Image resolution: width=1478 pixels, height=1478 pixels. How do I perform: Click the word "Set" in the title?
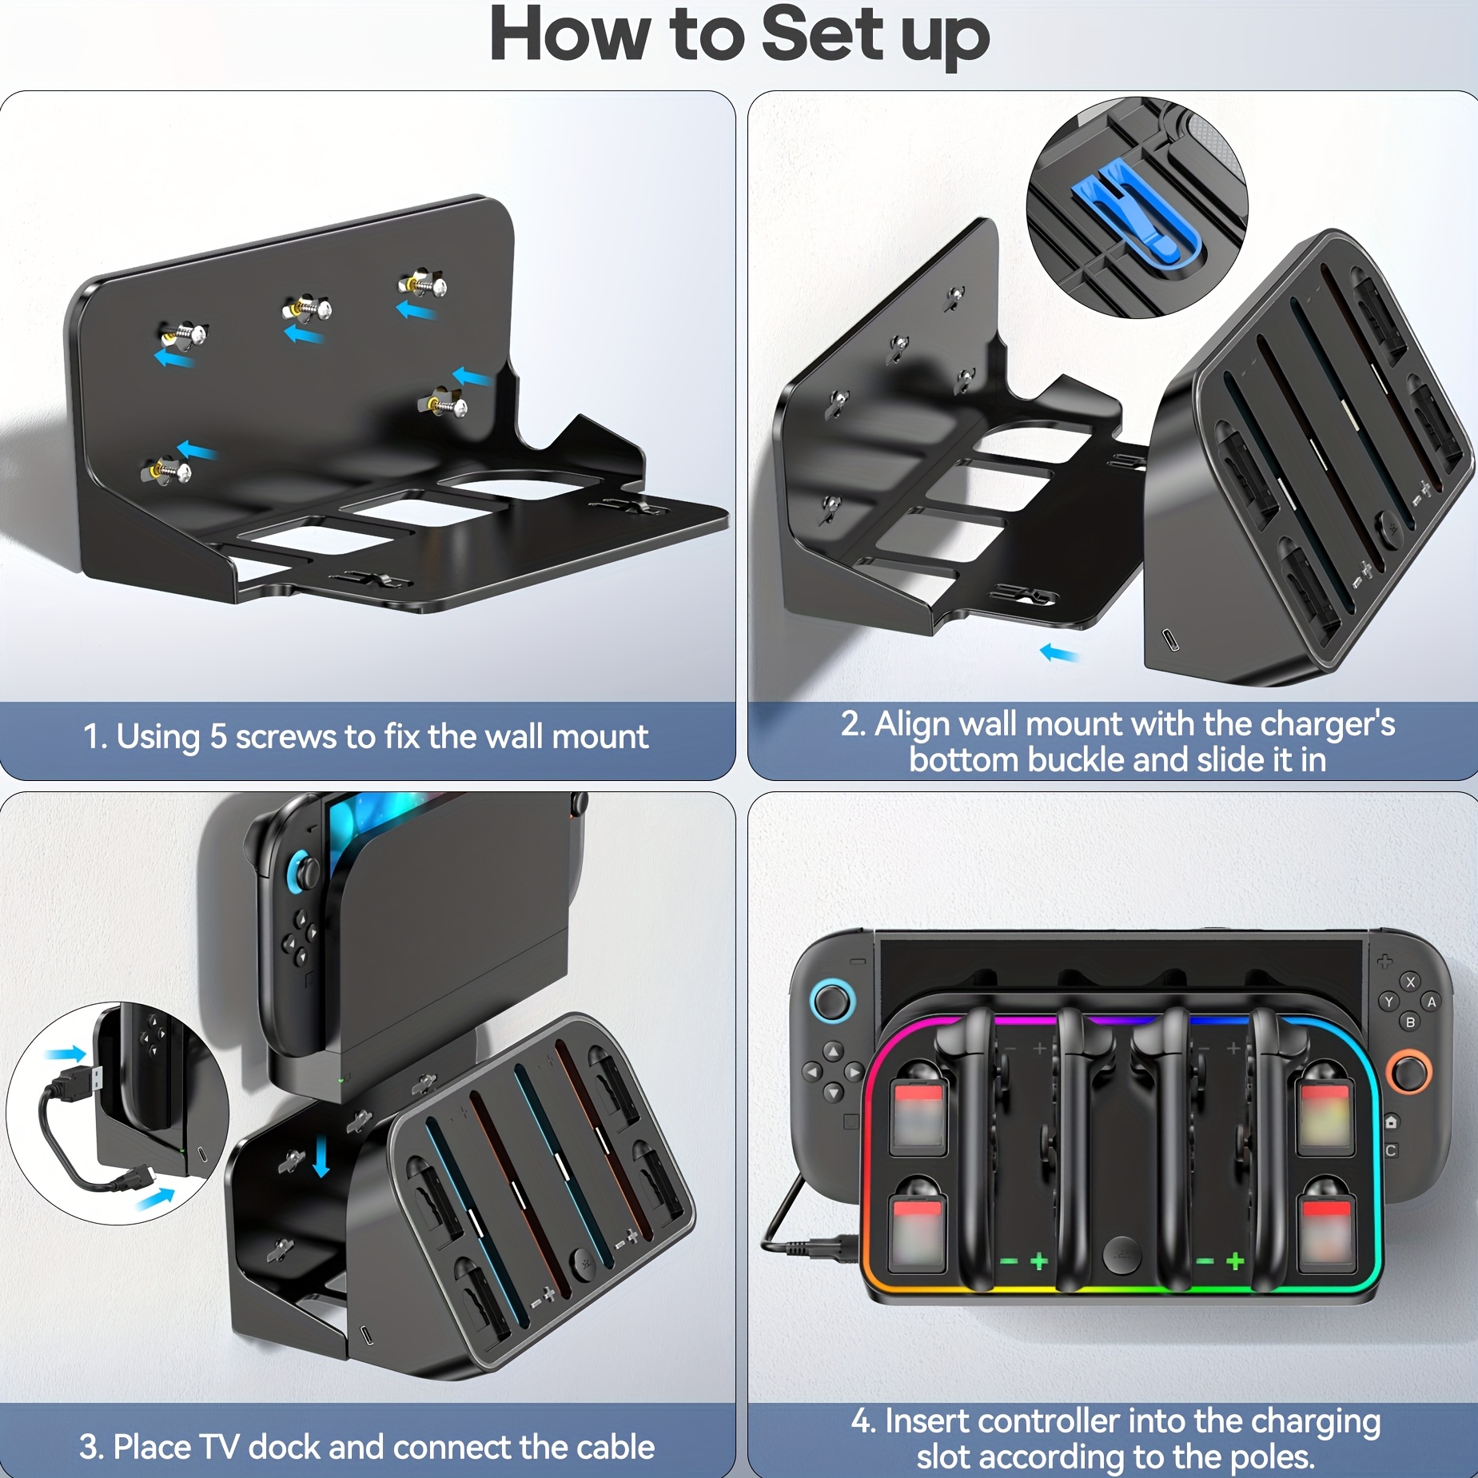click(823, 36)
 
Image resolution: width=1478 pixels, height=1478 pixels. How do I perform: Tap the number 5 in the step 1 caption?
click(217, 737)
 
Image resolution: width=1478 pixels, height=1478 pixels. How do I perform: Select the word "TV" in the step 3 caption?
click(218, 1447)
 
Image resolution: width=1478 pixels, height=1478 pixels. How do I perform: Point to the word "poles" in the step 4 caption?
click(1271, 1457)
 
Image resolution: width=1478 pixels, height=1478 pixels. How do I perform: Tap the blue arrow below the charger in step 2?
click(1059, 654)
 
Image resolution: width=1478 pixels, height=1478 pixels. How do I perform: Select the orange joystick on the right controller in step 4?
click(1408, 1072)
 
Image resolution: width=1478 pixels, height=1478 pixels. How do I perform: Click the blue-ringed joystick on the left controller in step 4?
click(832, 1001)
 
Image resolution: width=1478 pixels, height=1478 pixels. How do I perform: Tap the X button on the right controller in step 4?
click(1410, 982)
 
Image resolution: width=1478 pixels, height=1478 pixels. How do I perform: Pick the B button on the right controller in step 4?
click(1410, 1022)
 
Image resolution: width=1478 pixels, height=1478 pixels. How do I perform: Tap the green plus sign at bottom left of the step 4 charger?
click(1038, 1261)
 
